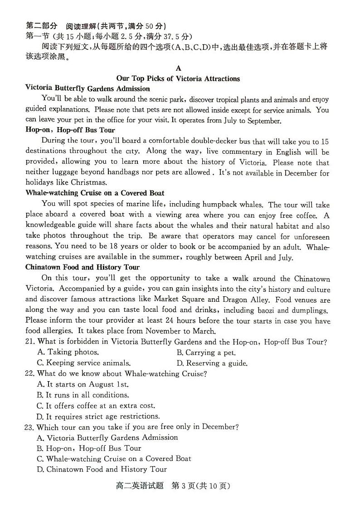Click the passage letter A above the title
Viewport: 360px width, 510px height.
(x=178, y=68)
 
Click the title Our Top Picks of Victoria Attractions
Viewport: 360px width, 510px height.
(x=178, y=78)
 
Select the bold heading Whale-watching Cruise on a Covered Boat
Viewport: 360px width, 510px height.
(x=95, y=193)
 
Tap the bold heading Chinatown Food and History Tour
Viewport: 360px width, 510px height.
(x=83, y=267)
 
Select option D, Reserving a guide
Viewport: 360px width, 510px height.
(x=212, y=363)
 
